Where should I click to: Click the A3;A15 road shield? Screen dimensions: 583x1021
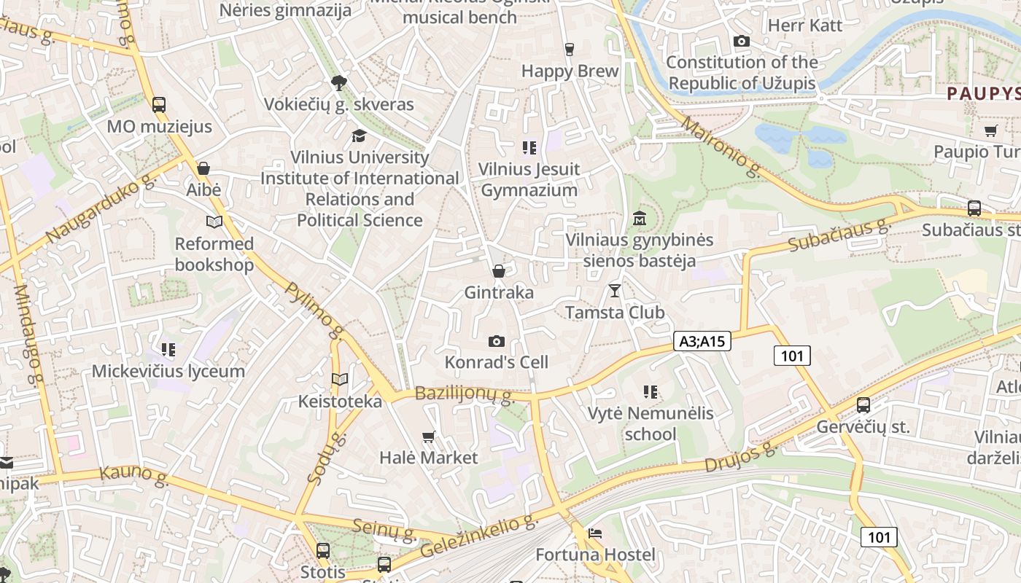pyautogui.click(x=702, y=340)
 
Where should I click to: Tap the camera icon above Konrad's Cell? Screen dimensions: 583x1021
pyautogui.click(x=496, y=341)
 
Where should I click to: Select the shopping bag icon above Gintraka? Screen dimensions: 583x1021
pyautogui.click(x=499, y=271)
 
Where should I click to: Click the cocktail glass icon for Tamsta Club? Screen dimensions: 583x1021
pyautogui.click(x=615, y=291)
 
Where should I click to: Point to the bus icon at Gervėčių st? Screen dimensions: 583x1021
pyautogui.click(x=863, y=405)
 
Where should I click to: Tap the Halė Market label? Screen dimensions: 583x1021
pyautogui.click(x=428, y=458)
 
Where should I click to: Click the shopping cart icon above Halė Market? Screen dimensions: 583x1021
pyautogui.click(x=429, y=437)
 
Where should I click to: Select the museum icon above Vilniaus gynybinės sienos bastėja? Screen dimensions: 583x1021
pyautogui.click(x=640, y=218)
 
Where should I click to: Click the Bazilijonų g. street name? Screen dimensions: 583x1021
pyautogui.click(x=465, y=394)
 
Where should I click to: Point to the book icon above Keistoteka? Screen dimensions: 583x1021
pyautogui.click(x=340, y=379)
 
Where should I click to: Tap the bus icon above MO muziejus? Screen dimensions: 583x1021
pyautogui.click(x=159, y=104)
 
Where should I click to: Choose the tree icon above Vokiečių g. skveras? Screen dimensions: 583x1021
pyautogui.click(x=338, y=82)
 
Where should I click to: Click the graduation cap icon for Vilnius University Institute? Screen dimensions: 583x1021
pyautogui.click(x=359, y=136)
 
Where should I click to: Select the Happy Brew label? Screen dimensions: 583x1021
pyautogui.click(x=570, y=71)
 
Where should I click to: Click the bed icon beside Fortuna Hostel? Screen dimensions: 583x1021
pyautogui.click(x=595, y=533)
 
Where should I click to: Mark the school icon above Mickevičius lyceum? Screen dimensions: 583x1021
pyautogui.click(x=168, y=350)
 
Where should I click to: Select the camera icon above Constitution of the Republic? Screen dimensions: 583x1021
pyautogui.click(x=742, y=41)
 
